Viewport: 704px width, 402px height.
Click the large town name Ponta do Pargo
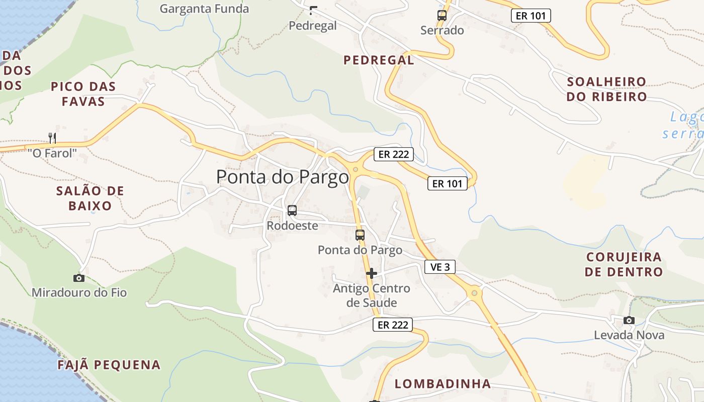pos(282,177)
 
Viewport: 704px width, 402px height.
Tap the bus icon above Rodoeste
pos(292,211)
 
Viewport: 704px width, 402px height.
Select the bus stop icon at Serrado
pos(442,16)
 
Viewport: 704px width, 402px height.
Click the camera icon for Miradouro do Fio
pos(79,278)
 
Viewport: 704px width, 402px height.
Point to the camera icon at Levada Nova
pos(629,320)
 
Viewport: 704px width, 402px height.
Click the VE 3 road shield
pos(440,267)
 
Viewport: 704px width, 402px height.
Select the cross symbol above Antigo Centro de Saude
pos(372,273)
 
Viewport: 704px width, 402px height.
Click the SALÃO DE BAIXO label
pos(90,198)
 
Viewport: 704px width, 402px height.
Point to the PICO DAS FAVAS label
pos(83,94)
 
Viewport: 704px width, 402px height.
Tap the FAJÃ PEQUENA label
pos(109,365)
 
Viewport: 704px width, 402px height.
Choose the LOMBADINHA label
pos(443,384)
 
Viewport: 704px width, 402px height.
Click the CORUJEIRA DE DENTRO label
pos(624,264)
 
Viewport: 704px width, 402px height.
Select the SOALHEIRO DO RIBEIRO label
pos(606,89)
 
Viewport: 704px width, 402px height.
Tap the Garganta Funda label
pos(204,9)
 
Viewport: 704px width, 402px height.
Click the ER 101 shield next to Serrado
pos(531,16)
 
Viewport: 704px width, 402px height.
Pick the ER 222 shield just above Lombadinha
pos(393,325)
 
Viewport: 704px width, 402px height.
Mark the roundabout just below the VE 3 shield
pos(474,292)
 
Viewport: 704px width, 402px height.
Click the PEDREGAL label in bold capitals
pos(379,60)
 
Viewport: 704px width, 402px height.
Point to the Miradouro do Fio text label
pos(79,292)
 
